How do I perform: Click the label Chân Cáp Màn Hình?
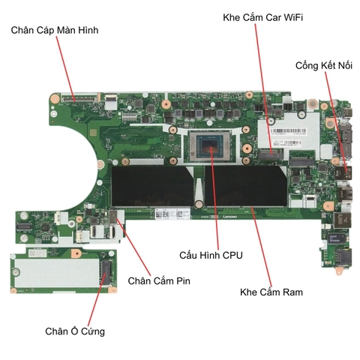tap(55, 30)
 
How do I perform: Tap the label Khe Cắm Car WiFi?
tap(262, 17)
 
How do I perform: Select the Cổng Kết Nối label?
tap(324, 65)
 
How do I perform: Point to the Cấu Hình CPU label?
tap(211, 255)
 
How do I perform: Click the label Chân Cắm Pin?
tap(159, 280)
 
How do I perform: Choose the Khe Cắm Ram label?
tap(271, 292)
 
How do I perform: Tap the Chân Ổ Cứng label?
tap(75, 331)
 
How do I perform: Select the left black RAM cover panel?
tap(152, 186)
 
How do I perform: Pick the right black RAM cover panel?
tap(246, 186)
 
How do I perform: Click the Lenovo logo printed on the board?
tap(229, 217)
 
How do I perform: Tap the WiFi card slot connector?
tap(271, 154)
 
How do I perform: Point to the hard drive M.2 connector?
tap(106, 272)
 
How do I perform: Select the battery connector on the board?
tap(113, 217)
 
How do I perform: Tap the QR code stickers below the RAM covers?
tap(172, 214)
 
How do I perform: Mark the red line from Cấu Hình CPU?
tap(215, 198)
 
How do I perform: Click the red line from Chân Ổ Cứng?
tap(97, 298)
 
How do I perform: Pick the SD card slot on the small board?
tap(343, 258)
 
